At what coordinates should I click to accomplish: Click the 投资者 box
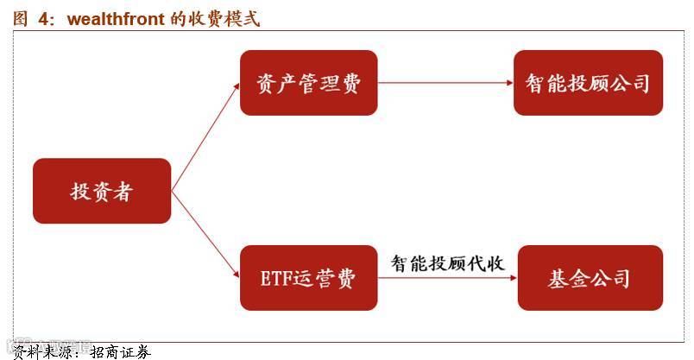pyautogui.click(x=102, y=191)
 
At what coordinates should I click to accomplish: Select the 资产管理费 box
pyautogui.click(x=308, y=83)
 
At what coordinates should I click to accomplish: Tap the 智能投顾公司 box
pyautogui.click(x=587, y=83)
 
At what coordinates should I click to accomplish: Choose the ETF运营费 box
pyautogui.click(x=308, y=278)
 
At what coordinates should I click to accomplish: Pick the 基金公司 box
pyautogui.click(x=589, y=278)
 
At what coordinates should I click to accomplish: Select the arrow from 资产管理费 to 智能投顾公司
pyautogui.click(x=445, y=84)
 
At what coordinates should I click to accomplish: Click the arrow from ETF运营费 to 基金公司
pyautogui.click(x=447, y=279)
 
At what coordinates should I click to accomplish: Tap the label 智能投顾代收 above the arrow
pyautogui.click(x=447, y=262)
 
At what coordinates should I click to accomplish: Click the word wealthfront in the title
pyautogui.click(x=116, y=18)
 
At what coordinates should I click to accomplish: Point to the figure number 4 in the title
pyautogui.click(x=41, y=18)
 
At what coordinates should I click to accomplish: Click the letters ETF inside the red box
pyautogui.click(x=275, y=279)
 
